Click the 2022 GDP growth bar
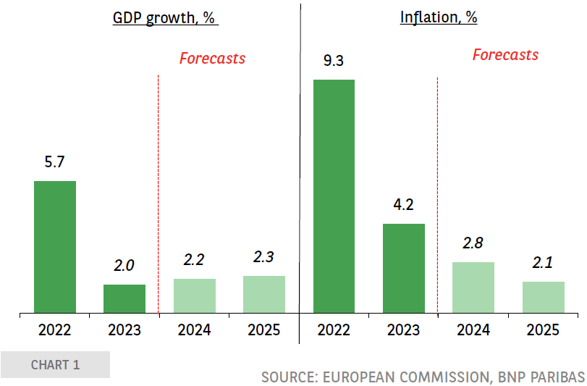[x=55, y=247]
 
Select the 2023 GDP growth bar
[x=124, y=299]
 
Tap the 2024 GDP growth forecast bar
[x=195, y=296]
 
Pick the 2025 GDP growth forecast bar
[x=264, y=295]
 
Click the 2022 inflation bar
[x=334, y=196]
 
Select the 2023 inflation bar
[x=403, y=269]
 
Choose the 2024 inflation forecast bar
[x=473, y=288]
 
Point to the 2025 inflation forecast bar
[x=543, y=298]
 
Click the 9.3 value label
[x=334, y=61]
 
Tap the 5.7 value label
[x=55, y=162]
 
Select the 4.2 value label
[x=403, y=205]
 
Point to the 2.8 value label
[x=473, y=243]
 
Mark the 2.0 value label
[x=124, y=266]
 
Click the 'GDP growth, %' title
[x=164, y=18]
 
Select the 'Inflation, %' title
[x=439, y=18]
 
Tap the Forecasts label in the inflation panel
[x=505, y=55]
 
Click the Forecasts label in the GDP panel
[x=212, y=59]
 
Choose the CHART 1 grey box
[x=55, y=364]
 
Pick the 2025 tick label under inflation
[x=543, y=330]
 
